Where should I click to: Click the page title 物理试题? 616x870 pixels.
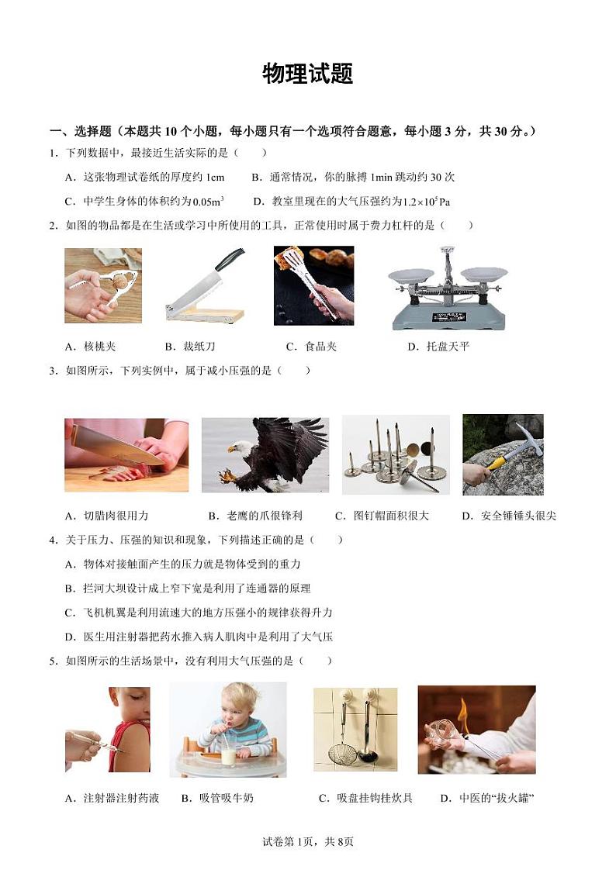pyautogui.click(x=308, y=74)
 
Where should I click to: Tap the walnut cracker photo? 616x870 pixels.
pyautogui.click(x=102, y=285)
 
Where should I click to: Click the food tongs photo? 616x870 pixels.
pyautogui.click(x=313, y=285)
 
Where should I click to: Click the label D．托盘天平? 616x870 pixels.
pyautogui.click(x=438, y=347)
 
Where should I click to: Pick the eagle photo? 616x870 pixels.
pyautogui.click(x=265, y=455)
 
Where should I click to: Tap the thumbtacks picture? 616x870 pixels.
pyautogui.click(x=396, y=454)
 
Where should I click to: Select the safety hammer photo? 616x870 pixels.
pyautogui.click(x=503, y=454)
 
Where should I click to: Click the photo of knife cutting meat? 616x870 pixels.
pyautogui.click(x=126, y=455)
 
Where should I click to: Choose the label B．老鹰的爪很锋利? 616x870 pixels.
pyautogui.click(x=255, y=516)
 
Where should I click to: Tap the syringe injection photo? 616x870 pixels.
pyautogui.click(x=107, y=730)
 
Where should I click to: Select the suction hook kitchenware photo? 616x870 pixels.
pyautogui.click(x=355, y=730)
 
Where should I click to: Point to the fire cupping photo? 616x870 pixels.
pyautogui.click(x=476, y=730)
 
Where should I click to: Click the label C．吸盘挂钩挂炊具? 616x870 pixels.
pyautogui.click(x=365, y=798)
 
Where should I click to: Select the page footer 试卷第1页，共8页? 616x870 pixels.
pyautogui.click(x=308, y=842)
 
